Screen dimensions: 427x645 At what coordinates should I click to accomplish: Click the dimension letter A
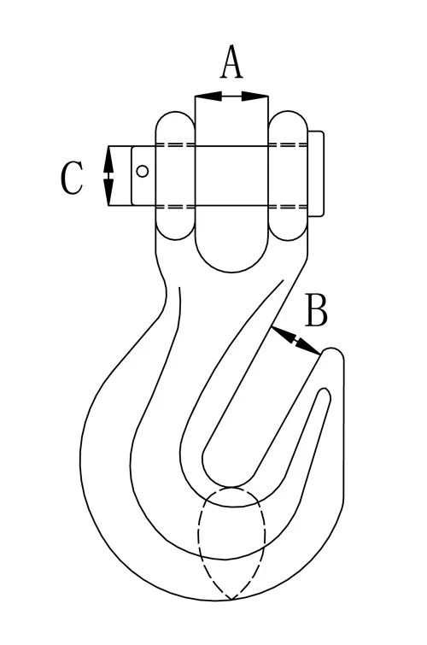point(231,62)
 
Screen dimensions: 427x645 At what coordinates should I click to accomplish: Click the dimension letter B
point(316,310)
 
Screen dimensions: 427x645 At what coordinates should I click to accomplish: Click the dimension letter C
point(72,178)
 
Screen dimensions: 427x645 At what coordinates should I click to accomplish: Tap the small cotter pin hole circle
point(143,171)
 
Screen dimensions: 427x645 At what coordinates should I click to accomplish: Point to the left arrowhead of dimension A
point(208,97)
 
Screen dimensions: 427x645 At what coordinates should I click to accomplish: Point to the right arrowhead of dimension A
point(255,97)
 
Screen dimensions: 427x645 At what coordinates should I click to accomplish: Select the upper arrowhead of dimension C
point(108,159)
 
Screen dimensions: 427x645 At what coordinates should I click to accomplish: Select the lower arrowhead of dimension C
point(108,192)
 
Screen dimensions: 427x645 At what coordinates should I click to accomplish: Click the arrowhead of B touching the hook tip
point(308,348)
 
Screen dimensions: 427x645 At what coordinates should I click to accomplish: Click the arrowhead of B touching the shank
point(283,333)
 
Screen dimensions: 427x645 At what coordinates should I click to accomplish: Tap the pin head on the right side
point(316,173)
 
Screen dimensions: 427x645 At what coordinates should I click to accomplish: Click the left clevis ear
point(175,175)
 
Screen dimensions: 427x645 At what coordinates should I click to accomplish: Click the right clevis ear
point(288,175)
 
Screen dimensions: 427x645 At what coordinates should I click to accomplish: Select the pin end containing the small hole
point(143,176)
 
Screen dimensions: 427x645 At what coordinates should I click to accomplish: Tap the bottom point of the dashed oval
point(231,600)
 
